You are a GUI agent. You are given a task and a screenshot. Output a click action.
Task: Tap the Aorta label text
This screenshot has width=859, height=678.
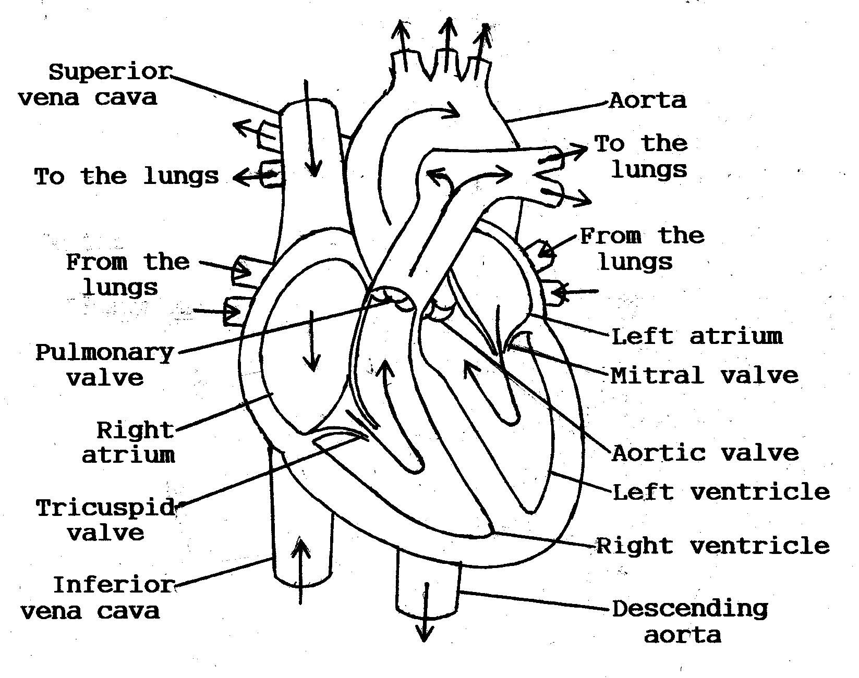pyautogui.click(x=647, y=100)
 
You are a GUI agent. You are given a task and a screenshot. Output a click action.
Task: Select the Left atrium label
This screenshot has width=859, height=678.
pyautogui.click(x=697, y=336)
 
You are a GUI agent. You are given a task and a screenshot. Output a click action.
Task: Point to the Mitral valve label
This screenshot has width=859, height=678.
pyautogui.click(x=704, y=375)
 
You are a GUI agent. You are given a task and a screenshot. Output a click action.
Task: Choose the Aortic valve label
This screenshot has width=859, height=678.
pyautogui.click(x=705, y=452)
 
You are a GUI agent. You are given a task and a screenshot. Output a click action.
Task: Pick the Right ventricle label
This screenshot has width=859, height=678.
pyautogui.click(x=712, y=546)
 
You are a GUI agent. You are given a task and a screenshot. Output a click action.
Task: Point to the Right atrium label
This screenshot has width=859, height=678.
pyautogui.click(x=130, y=442)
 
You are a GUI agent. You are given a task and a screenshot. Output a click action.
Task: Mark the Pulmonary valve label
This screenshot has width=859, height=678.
pyautogui.click(x=104, y=365)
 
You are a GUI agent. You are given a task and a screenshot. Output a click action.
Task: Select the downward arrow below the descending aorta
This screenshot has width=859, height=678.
pyautogui.click(x=425, y=612)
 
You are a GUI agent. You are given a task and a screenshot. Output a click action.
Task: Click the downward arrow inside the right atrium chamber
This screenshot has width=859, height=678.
pyautogui.click(x=312, y=341)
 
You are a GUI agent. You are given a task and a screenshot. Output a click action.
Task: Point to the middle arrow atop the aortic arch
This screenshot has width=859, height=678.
pyautogui.click(x=448, y=44)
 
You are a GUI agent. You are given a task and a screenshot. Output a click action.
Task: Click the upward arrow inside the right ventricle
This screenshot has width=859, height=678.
pyautogui.click(x=385, y=391)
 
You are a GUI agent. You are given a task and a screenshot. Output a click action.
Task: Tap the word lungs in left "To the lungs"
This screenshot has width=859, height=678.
pyautogui.click(x=181, y=176)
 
